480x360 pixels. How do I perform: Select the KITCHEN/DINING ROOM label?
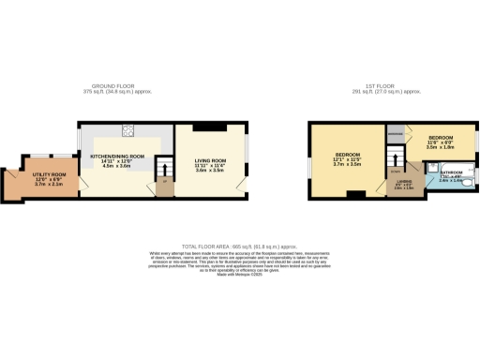117,155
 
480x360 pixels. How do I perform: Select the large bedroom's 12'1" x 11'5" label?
348,160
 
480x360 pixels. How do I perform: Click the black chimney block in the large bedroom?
356,195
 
